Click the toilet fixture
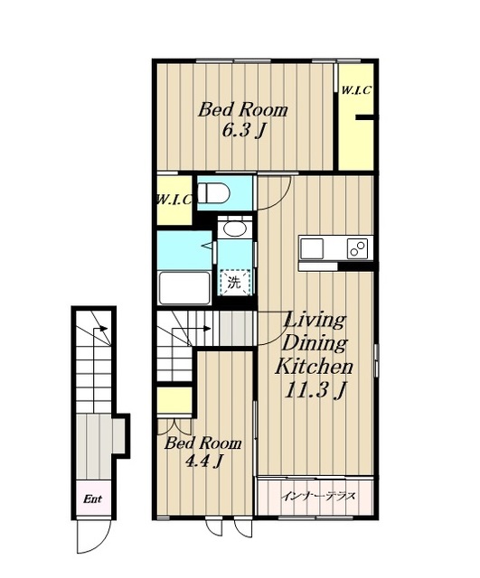click(213, 192)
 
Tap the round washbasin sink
click(235, 229)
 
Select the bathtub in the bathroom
click(184, 287)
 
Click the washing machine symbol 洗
click(235, 283)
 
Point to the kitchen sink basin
click(312, 249)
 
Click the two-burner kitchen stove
click(357, 249)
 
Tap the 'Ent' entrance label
click(92, 499)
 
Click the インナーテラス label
click(318, 496)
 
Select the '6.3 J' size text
click(244, 130)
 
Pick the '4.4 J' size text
click(203, 461)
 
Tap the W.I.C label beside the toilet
click(174, 200)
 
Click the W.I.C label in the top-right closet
click(355, 90)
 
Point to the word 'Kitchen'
click(314, 366)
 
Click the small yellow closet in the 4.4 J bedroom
click(174, 400)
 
